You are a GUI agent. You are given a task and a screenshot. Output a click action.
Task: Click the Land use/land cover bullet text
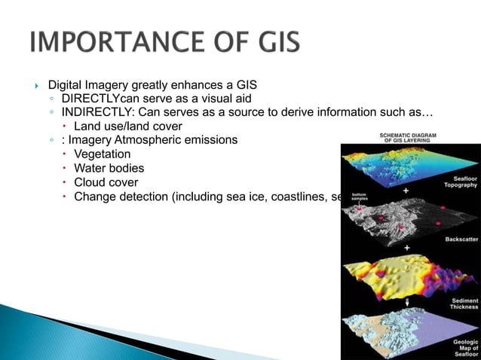pyautogui.click(x=127, y=126)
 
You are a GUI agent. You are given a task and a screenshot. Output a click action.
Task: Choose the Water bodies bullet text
pyautogui.click(x=109, y=168)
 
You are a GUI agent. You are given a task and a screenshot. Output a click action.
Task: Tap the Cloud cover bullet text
pyautogui.click(x=106, y=182)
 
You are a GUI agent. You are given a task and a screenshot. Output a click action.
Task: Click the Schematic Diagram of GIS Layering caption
pyautogui.click(x=403, y=137)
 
